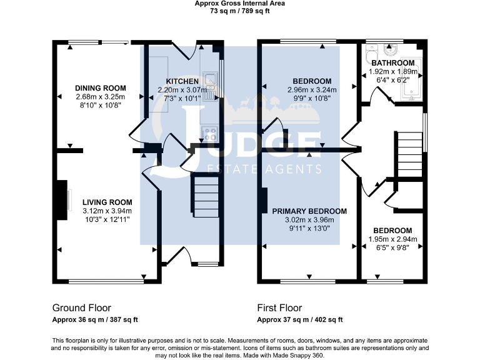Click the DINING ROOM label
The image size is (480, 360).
[x=101, y=88]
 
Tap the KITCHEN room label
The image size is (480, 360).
[x=182, y=82]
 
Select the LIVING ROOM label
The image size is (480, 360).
[x=107, y=202]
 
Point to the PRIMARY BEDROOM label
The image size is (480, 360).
[x=309, y=211]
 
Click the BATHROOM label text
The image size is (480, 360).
[x=392, y=63]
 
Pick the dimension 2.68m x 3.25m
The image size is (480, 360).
[x=101, y=97]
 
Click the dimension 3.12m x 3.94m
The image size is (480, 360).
[x=107, y=211]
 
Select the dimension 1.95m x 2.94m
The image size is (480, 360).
[x=392, y=239]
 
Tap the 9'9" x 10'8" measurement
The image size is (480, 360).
[x=312, y=98]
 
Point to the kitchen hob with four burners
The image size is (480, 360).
[x=209, y=132]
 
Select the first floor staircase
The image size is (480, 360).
[x=409, y=154]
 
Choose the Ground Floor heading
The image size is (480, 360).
[x=81, y=308]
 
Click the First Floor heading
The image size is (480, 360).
[x=279, y=308]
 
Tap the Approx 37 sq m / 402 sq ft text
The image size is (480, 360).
[x=300, y=320]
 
